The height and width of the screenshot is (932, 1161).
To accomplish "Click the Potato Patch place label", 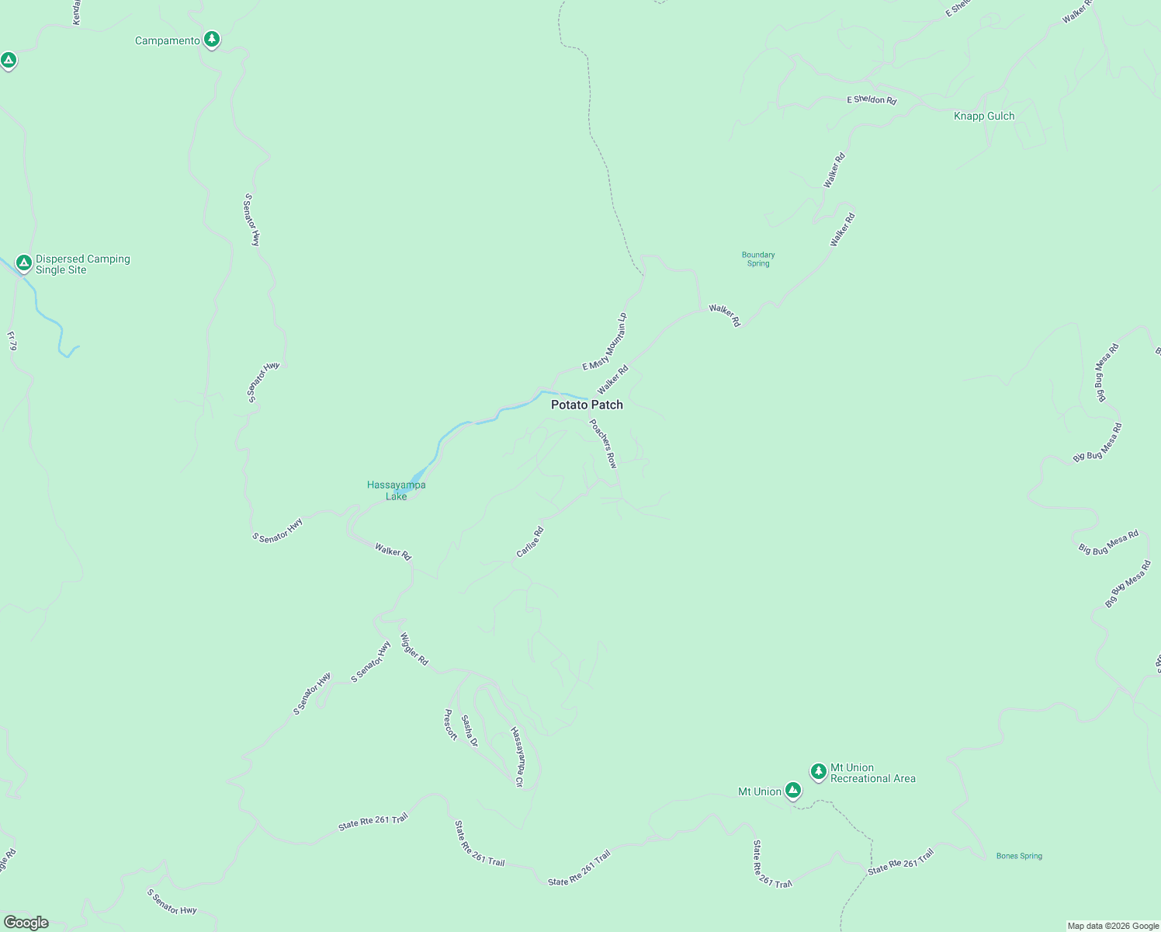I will point(587,405).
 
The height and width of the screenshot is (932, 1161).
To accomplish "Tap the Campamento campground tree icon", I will point(211,40).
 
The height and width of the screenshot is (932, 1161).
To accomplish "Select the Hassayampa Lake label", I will point(396,490).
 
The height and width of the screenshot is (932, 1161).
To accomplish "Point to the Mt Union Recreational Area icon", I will point(818,771).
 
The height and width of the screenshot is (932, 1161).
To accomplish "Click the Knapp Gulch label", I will point(984,116).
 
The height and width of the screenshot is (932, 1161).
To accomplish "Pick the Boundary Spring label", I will point(758,259).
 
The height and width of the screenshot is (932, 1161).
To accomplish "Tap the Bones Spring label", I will point(1019,856).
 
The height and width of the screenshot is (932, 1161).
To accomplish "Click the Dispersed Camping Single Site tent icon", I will point(24,263).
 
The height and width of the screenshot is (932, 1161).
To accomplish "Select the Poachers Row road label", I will point(603,443).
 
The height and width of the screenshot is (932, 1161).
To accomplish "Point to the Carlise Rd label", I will point(530,542).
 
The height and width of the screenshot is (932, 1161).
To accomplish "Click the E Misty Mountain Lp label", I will point(605,342).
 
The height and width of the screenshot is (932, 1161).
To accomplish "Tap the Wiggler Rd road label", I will point(414,649).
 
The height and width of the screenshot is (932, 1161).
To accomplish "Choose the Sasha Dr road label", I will point(469,731).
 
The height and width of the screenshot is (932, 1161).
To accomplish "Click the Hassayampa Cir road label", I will point(517,757).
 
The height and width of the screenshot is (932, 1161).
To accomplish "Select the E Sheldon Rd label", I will point(872,99).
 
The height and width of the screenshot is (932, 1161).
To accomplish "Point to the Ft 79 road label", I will point(12,341).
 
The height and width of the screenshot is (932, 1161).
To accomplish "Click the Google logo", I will point(26,923).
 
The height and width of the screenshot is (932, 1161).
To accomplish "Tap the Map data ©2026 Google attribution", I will point(1113,926).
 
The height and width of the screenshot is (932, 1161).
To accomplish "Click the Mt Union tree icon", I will point(792,790).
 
